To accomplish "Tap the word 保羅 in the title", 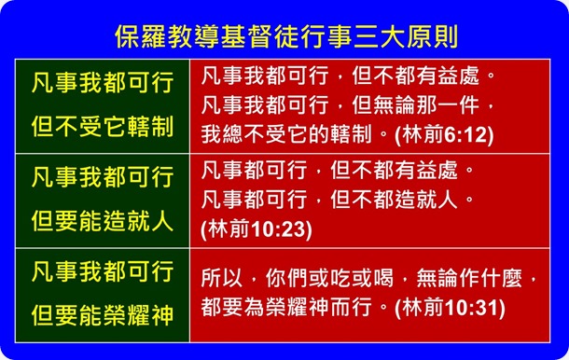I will (136, 36).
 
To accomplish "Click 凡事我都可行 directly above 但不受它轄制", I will (103, 84).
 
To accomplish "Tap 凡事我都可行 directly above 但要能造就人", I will (103, 177).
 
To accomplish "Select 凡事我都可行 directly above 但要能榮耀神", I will (103, 271).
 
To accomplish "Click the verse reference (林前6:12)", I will (444, 134).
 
